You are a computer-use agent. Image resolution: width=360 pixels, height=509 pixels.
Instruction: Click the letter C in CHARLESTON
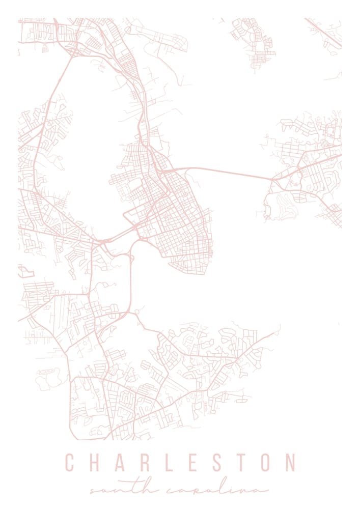point(70,463)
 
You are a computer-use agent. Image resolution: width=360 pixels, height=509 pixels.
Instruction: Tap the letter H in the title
point(95,463)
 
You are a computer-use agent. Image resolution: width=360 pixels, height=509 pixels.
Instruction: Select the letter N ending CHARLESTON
point(291,463)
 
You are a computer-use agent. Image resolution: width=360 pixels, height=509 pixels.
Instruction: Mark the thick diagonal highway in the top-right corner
point(324,34)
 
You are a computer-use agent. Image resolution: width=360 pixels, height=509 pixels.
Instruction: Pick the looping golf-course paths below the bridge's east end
point(280,206)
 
